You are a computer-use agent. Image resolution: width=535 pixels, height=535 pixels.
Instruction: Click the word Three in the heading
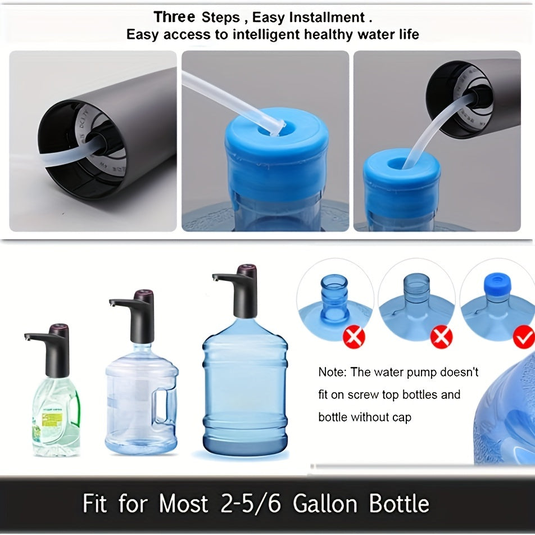tap(175, 17)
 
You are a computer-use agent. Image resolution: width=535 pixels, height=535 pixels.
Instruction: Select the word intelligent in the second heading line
tap(265, 34)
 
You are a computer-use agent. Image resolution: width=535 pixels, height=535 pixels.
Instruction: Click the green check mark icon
tap(524, 337)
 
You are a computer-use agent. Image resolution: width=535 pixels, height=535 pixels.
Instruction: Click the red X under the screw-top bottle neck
tap(354, 337)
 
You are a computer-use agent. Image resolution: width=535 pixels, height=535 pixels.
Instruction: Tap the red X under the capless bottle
tap(441, 337)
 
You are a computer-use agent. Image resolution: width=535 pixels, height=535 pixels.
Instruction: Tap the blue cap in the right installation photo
tap(401, 177)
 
